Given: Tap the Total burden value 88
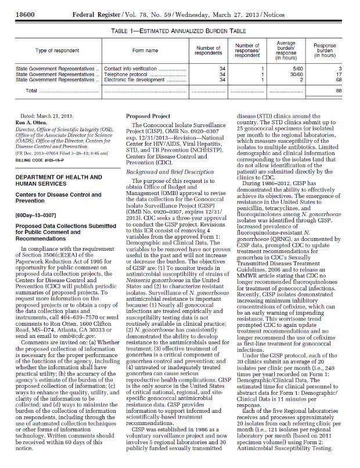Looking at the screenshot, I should [x=338, y=91].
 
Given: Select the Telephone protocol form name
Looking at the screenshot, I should [x=125, y=74].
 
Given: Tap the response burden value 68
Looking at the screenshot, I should [x=338, y=80].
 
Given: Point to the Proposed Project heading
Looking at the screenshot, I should [x=146, y=116].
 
